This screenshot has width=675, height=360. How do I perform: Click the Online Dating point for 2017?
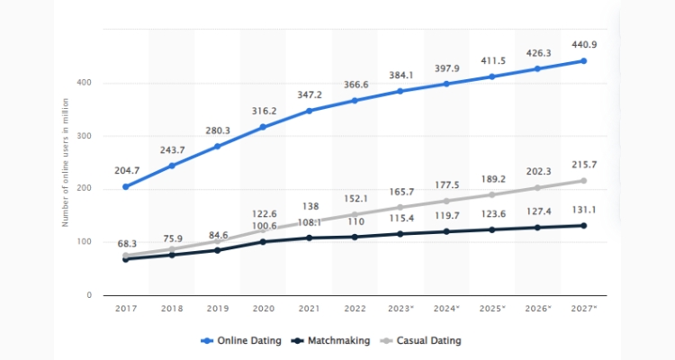click(x=125, y=187)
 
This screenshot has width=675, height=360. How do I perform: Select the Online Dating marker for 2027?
click(x=583, y=61)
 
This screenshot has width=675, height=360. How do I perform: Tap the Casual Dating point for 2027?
click(x=583, y=181)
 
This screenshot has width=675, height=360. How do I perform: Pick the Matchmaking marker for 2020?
click(x=263, y=241)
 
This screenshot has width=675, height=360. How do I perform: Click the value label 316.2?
click(x=263, y=112)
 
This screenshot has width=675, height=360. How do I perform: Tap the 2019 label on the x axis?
click(x=217, y=310)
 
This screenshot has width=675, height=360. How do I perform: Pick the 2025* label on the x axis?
click(x=491, y=310)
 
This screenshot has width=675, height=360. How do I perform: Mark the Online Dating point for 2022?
click(x=354, y=101)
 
